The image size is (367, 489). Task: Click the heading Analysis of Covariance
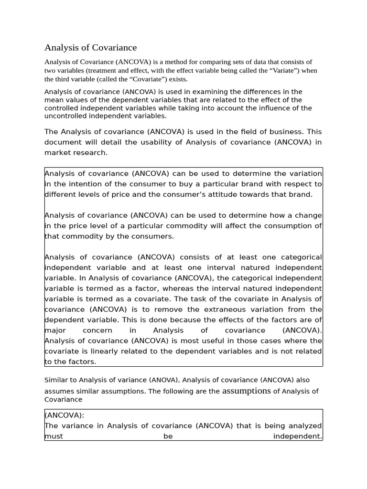90,48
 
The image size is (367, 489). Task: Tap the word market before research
56,153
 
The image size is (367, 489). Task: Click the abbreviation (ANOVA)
164,380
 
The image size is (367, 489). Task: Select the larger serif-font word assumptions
247,391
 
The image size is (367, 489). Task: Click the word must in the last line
54,436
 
